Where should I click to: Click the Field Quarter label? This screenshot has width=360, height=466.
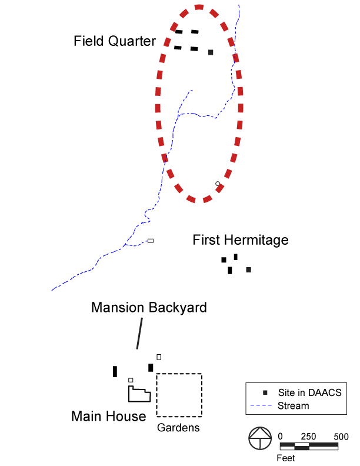[x=115, y=41]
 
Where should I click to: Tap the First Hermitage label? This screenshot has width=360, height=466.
[x=241, y=240]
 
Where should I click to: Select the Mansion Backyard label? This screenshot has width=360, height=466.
[x=149, y=307]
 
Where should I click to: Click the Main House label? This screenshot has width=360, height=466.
[x=108, y=417]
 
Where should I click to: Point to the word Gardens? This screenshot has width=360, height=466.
[x=178, y=428]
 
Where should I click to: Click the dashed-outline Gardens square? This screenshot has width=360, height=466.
[x=179, y=395]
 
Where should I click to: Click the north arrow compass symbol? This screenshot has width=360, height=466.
[x=259, y=440]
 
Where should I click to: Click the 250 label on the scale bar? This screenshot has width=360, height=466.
[x=308, y=437]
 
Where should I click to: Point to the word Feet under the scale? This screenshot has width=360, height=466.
[x=286, y=458]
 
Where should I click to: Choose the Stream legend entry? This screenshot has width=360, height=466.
[x=292, y=405]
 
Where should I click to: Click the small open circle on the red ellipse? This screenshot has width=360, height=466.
[x=218, y=184]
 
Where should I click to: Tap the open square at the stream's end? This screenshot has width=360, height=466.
[x=151, y=241]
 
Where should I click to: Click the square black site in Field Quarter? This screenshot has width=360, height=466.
[x=211, y=52]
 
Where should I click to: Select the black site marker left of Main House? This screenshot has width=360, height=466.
[x=115, y=371]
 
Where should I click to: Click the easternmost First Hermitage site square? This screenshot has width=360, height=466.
[x=249, y=269]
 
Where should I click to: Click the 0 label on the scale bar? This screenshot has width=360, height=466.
[x=281, y=437]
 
